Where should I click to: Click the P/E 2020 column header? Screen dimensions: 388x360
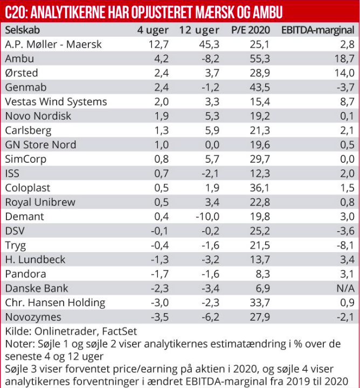point(250,30)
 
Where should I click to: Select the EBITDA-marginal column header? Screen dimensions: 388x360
point(317,30)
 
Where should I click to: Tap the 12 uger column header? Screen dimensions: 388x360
point(199,30)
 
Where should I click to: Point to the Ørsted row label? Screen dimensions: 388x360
point(22,73)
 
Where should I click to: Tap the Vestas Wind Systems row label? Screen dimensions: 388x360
point(56,101)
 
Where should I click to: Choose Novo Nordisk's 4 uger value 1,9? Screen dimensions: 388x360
point(161,116)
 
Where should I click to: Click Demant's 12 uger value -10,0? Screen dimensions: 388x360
point(206,216)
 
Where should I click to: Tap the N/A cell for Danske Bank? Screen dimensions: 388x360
point(344,288)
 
